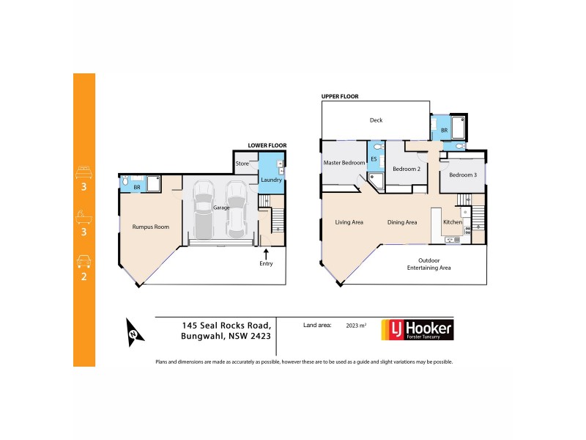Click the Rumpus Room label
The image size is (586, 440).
(x=151, y=227)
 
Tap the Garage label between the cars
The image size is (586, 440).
(x=221, y=208)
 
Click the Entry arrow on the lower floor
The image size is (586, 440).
(x=266, y=253)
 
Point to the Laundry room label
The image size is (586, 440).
(x=271, y=180)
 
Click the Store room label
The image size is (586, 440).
(x=242, y=163)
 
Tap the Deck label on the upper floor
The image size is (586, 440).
(x=376, y=120)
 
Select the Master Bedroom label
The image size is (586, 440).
(x=344, y=163)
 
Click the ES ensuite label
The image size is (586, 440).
(x=374, y=159)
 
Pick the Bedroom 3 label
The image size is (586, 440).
(x=463, y=175)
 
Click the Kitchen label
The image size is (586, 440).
(x=452, y=221)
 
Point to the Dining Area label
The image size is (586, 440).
(x=402, y=222)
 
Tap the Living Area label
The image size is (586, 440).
(x=349, y=222)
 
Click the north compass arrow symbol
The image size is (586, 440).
(x=133, y=334)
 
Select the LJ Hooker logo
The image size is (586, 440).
(x=417, y=330)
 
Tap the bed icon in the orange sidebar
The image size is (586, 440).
(x=84, y=173)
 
